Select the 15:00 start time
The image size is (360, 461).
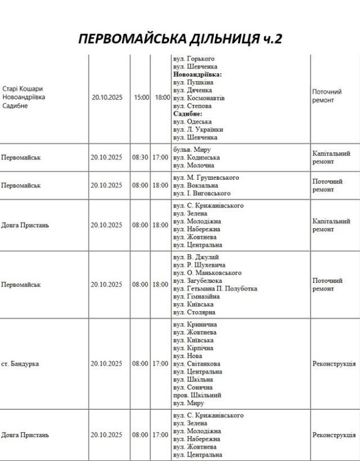coord(141,98)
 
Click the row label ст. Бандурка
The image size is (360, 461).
coord(20,364)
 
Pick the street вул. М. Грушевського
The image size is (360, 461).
coord(206,177)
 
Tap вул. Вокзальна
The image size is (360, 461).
coord(195,186)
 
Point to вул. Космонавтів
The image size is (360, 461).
coord(199,98)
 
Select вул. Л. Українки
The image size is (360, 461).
coord(198,130)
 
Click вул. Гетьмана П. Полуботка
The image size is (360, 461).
coord(215,288)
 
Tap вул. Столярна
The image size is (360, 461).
coord(194,312)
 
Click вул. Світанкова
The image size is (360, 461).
coord(198,364)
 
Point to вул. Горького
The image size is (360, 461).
coord(194,59)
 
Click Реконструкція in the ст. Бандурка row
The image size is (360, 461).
coord(334,364)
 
